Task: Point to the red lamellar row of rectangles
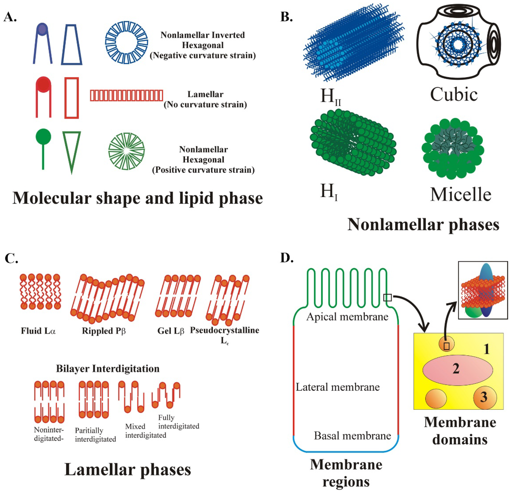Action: [127, 95]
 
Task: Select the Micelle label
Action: [461, 195]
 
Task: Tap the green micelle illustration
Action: [453, 148]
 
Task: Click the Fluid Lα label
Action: [38, 331]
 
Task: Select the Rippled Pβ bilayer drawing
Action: [107, 298]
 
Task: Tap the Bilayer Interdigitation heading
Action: [108, 369]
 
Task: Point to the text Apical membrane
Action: [347, 317]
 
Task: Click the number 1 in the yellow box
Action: [486, 349]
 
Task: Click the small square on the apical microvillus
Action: [387, 297]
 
